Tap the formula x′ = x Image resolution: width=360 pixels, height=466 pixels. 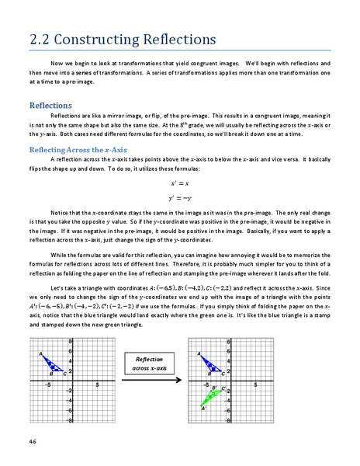pyautogui.click(x=180, y=185)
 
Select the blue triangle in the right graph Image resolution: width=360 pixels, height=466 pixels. pyautogui.click(x=213, y=363)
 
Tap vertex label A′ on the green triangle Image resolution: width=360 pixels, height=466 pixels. pyautogui.click(x=203, y=408)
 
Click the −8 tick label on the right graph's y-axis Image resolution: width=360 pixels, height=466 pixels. pyautogui.click(x=227, y=419)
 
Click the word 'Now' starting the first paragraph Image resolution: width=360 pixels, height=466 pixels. pyautogui.click(x=57, y=62)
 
